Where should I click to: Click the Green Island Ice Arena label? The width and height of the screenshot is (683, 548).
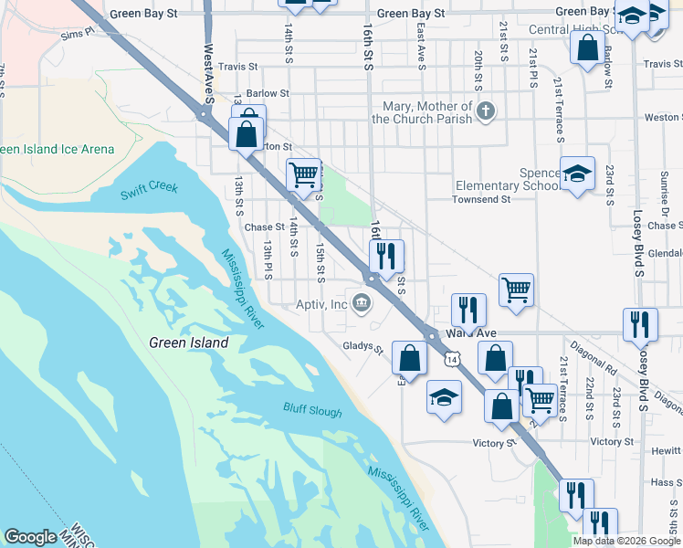tap(57, 150)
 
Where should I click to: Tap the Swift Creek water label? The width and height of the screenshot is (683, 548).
tap(149, 191)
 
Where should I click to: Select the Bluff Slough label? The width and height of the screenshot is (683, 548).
tap(312, 412)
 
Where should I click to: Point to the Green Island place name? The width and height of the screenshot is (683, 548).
tap(188, 342)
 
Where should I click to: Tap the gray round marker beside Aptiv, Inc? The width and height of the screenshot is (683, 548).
tap(363, 304)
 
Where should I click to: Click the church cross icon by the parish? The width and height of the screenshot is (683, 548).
tap(487, 112)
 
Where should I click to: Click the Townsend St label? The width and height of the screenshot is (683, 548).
tap(481, 199)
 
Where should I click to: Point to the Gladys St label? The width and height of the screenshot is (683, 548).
tap(363, 346)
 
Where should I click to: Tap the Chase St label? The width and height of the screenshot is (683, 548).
tap(264, 227)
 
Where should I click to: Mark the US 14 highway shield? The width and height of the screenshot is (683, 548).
tap(452, 360)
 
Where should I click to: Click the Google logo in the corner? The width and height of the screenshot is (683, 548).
tap(30, 538)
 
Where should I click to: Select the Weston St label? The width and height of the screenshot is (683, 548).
tap(662, 118)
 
